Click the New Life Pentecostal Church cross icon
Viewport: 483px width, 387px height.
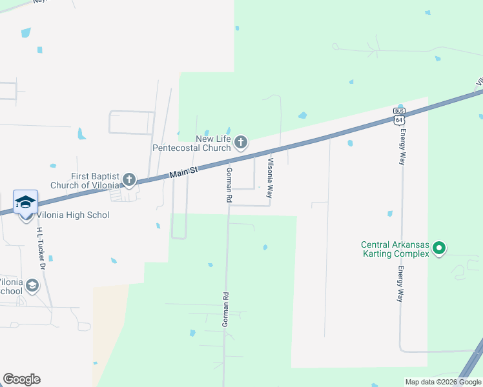tap(241, 142)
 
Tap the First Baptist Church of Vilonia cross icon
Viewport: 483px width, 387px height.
tap(129, 179)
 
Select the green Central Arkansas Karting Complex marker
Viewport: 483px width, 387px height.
tap(439, 248)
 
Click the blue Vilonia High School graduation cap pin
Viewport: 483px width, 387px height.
tap(25, 203)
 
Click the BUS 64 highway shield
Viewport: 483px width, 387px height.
tap(398, 115)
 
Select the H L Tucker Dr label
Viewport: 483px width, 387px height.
tap(41, 248)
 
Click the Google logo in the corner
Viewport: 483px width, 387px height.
tap(21, 379)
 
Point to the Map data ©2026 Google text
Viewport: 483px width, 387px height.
tap(443, 382)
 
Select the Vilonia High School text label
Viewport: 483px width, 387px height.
tap(73, 215)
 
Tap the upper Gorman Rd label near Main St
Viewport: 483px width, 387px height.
tap(229, 185)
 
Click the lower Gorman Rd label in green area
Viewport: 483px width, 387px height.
tap(225, 309)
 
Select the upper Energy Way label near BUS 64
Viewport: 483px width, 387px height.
tap(402, 146)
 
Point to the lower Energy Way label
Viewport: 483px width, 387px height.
tap(401, 284)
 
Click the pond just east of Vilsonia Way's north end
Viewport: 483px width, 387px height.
tap(302, 116)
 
